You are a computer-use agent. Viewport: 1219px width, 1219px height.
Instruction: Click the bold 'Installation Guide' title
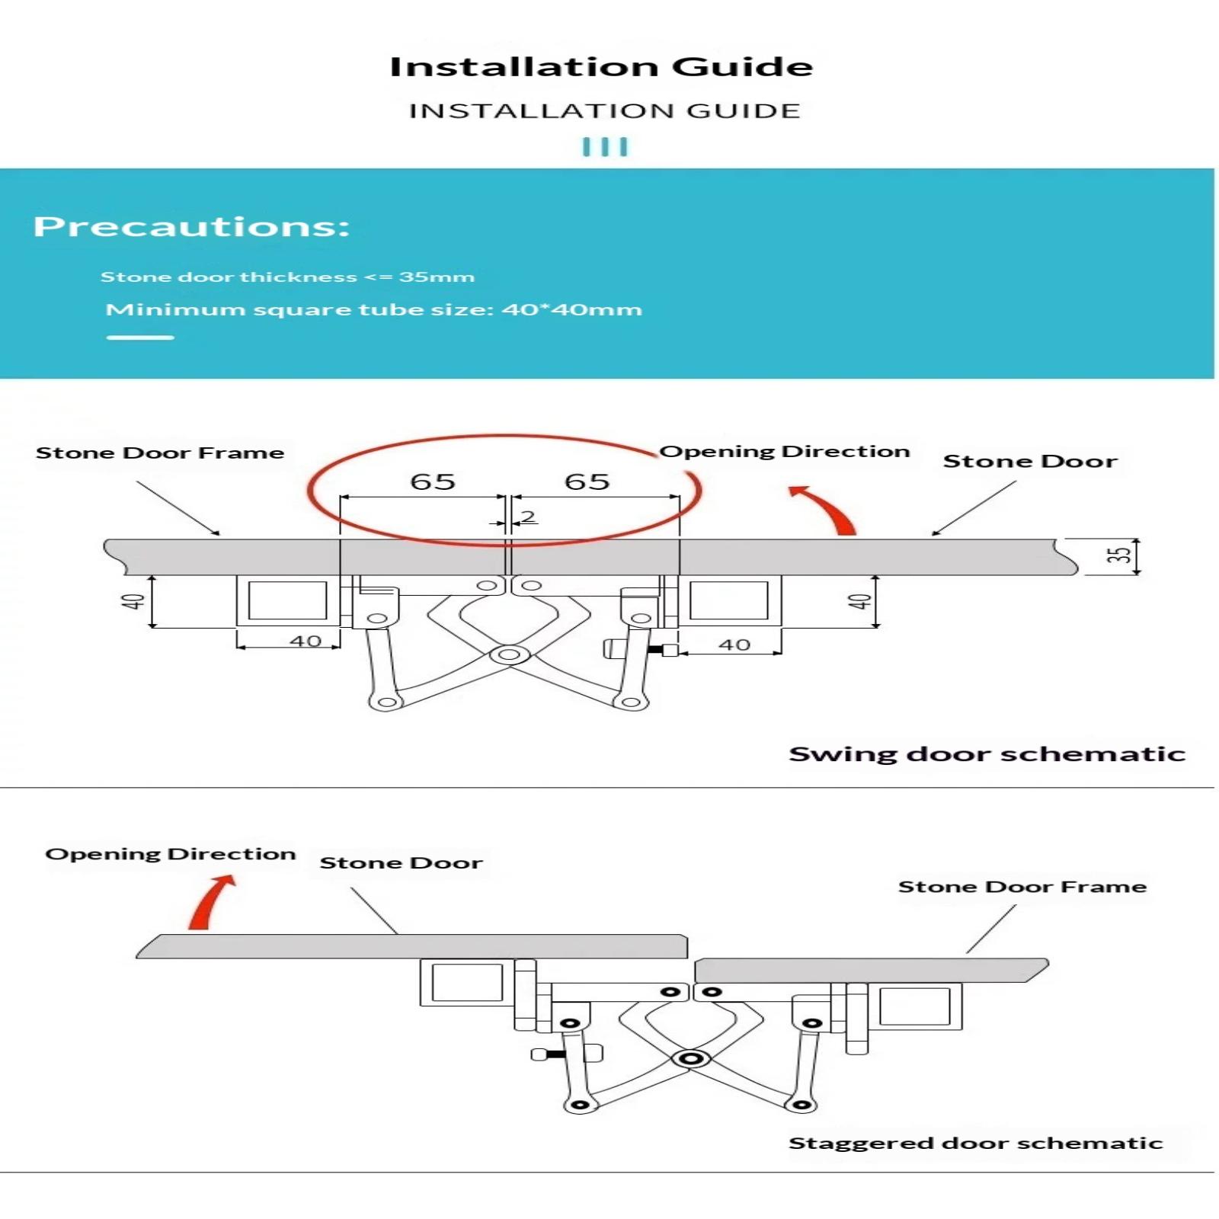click(x=601, y=67)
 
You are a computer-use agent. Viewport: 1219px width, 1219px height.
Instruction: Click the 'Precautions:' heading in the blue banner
click(x=191, y=226)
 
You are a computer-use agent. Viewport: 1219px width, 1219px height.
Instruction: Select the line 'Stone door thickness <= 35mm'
click(x=287, y=277)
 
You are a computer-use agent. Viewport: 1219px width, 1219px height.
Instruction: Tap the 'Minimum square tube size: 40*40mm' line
click(x=373, y=309)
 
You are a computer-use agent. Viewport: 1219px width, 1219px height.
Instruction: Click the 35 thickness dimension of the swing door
click(x=1118, y=555)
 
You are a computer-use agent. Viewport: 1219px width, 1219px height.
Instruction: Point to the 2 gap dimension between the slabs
click(x=527, y=517)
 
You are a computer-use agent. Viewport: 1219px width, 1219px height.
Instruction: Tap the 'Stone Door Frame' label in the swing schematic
click(x=160, y=453)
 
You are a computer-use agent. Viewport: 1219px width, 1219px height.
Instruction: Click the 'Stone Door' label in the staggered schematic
click(x=401, y=862)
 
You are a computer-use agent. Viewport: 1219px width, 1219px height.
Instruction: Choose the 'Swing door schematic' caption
click(x=987, y=753)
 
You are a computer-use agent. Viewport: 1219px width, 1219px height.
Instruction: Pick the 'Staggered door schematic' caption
click(x=975, y=1143)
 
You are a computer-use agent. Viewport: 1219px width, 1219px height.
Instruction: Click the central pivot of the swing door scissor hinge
click(x=510, y=654)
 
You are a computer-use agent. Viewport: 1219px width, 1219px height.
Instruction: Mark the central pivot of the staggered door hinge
click(x=691, y=1059)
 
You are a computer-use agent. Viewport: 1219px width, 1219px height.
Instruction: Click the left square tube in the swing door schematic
click(x=287, y=600)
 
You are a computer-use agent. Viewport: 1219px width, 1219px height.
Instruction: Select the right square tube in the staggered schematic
click(x=914, y=1006)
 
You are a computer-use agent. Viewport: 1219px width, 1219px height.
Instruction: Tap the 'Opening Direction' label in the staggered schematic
click(x=170, y=853)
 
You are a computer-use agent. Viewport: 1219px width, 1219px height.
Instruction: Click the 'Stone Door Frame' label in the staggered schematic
click(x=1022, y=886)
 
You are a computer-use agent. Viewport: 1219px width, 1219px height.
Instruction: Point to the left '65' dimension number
click(x=432, y=482)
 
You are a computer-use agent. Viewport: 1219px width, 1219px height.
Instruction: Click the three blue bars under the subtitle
click(x=605, y=146)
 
